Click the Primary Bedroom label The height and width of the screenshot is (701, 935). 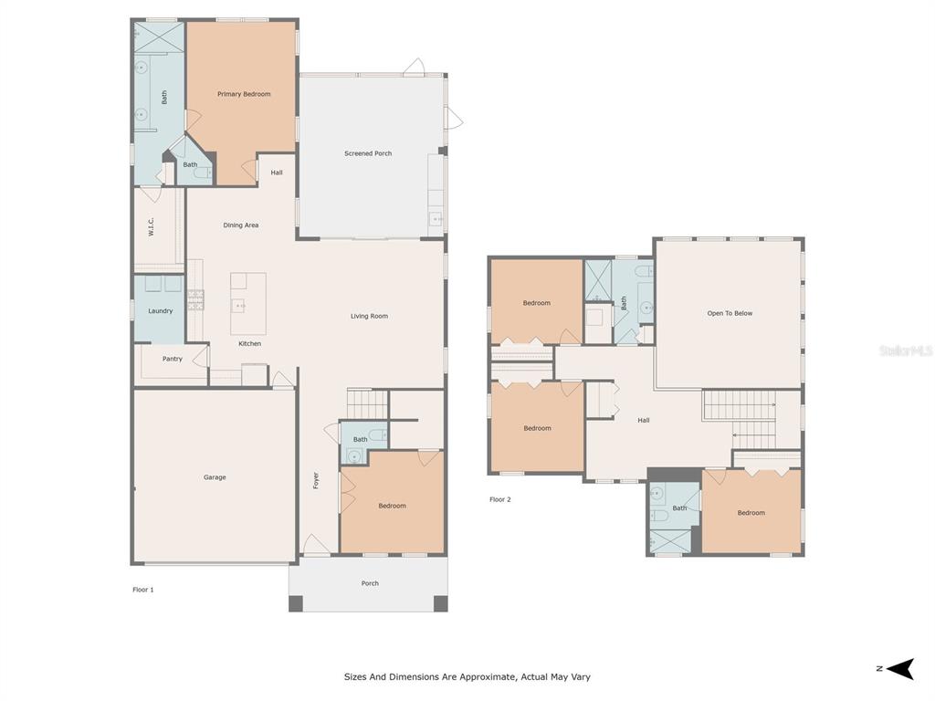(244, 94)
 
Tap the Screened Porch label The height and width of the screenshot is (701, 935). (368, 153)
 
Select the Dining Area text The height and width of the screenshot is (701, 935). (241, 225)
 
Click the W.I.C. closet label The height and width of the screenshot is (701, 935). (152, 226)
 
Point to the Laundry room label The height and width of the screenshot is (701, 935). (160, 311)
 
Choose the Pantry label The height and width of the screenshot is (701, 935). (173, 359)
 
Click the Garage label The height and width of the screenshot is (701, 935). (215, 477)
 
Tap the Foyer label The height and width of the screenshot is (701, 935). (317, 480)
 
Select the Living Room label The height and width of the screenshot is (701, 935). (369, 317)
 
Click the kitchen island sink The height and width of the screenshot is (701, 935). (241, 307)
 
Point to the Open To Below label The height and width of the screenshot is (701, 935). (730, 313)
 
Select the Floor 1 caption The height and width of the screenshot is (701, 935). (143, 590)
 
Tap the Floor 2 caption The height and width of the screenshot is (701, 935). (500, 499)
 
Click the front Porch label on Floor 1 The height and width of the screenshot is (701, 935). (370, 583)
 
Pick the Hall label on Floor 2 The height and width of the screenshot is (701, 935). (644, 421)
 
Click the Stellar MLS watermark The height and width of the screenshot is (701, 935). (905, 350)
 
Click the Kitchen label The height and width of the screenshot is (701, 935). (250, 344)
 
